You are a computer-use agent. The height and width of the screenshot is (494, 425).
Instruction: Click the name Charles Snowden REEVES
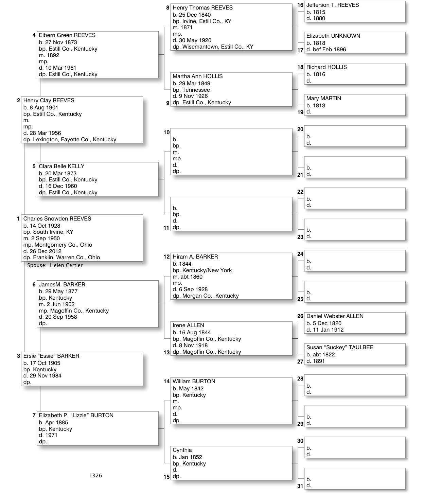point(57,218)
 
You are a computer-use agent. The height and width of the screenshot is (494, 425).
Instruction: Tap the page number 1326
point(95,476)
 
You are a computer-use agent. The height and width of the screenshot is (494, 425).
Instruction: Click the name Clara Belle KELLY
point(61,166)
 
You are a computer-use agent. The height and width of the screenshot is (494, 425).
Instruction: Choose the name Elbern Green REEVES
point(67,35)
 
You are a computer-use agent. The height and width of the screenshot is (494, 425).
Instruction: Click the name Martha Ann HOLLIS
point(197,76)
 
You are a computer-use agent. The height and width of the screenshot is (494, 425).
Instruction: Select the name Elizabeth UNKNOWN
point(333,36)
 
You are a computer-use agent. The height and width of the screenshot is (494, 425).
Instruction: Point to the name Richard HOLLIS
point(326,67)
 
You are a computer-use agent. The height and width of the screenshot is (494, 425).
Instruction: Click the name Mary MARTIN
point(323,98)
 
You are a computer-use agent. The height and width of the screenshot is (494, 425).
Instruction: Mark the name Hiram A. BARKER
point(195,257)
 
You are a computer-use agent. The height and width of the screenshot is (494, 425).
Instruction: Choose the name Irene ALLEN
point(188,325)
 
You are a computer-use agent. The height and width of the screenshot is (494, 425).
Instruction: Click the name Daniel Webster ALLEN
point(335,316)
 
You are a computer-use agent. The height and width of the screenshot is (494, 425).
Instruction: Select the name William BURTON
point(194,381)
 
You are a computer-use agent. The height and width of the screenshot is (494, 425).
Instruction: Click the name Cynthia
point(182,450)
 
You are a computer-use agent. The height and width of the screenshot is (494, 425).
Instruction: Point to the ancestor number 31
point(300,486)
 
